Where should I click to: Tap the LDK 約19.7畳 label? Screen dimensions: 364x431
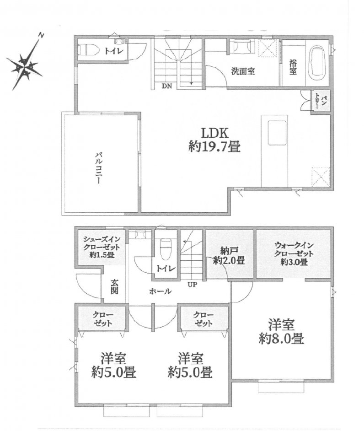coord(214,140)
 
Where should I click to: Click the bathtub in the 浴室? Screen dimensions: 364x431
coord(318,63)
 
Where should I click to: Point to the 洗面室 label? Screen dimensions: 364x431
coord(243,71)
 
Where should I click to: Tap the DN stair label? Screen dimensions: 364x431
coord(166,86)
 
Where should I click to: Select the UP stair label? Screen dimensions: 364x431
coord(193,285)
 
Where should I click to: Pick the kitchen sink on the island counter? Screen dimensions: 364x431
coord(277,133)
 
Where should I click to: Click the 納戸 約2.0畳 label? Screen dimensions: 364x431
coord(229,256)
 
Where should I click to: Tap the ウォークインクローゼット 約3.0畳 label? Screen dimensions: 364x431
coord(294,253)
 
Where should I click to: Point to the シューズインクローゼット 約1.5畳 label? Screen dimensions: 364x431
coord(102,247)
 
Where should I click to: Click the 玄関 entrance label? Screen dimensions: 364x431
coord(114,287)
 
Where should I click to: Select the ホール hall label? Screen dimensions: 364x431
coord(161,291)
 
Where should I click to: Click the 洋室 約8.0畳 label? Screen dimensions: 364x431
coord(281,332)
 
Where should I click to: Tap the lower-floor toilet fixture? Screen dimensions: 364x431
coord(166,249)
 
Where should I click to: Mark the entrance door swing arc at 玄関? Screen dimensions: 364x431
coord(84,286)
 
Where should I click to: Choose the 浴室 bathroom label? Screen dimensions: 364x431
coord(293,67)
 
